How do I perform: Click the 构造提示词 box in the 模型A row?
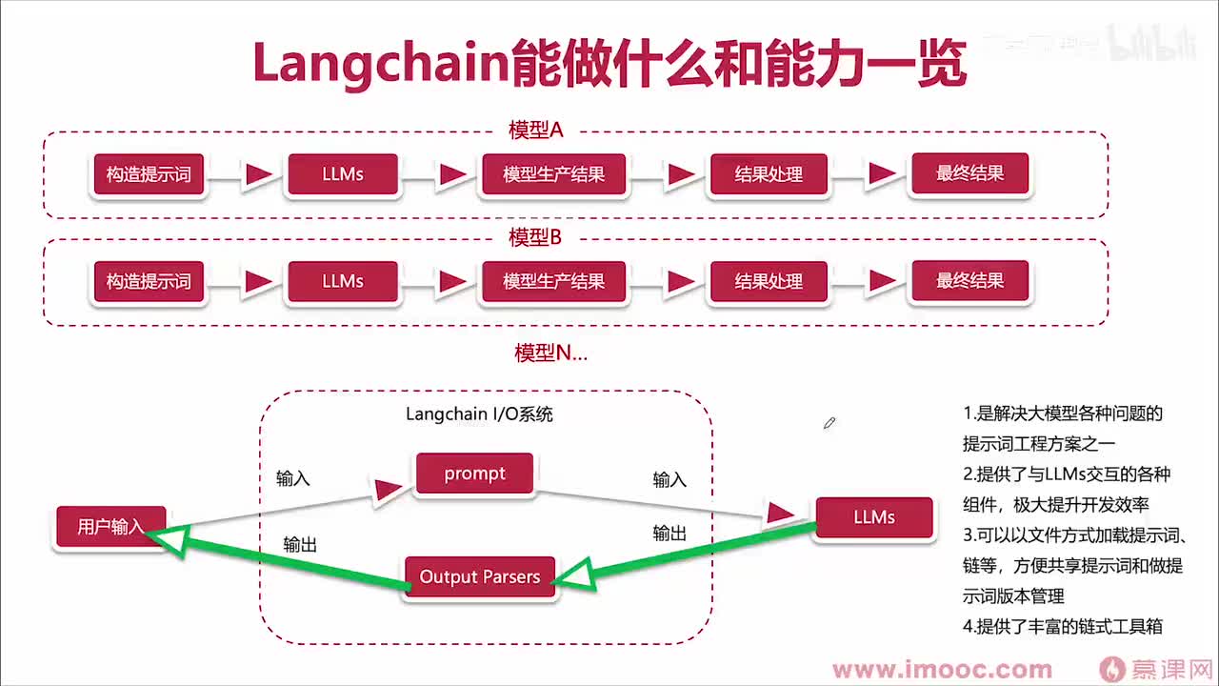click(x=149, y=175)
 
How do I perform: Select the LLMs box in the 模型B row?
click(x=343, y=282)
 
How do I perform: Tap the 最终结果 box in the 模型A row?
click(x=969, y=174)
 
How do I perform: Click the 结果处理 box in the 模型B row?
click(x=769, y=282)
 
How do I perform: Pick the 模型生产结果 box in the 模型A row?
click(x=553, y=175)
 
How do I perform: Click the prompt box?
click(x=474, y=474)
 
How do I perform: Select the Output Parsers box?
click(x=480, y=576)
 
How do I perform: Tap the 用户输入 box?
click(x=111, y=526)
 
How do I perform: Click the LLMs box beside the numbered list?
click(x=873, y=517)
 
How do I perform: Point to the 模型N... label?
click(x=550, y=353)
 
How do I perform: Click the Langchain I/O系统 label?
click(x=479, y=414)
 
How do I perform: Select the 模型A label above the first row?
click(x=535, y=131)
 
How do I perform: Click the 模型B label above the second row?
click(x=535, y=237)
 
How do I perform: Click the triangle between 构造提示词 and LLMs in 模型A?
click(x=258, y=175)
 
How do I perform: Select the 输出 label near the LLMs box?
click(x=669, y=534)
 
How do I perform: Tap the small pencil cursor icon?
click(x=829, y=422)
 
